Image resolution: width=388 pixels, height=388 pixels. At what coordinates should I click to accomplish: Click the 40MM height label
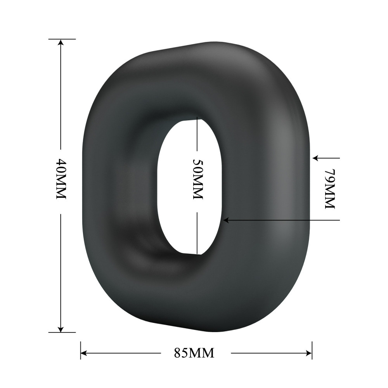click(x=61, y=178)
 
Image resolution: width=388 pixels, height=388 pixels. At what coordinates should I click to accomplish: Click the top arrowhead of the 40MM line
click(x=61, y=43)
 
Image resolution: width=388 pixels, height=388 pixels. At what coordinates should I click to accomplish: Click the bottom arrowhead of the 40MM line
click(x=61, y=329)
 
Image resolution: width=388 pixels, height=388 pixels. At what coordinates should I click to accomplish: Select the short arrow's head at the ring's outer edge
click(x=316, y=158)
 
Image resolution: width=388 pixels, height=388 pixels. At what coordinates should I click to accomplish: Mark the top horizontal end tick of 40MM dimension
click(x=61, y=39)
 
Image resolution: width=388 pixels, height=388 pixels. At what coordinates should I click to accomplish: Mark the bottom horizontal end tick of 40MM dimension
click(x=61, y=333)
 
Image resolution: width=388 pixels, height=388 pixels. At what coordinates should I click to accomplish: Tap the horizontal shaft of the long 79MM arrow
click(x=283, y=220)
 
